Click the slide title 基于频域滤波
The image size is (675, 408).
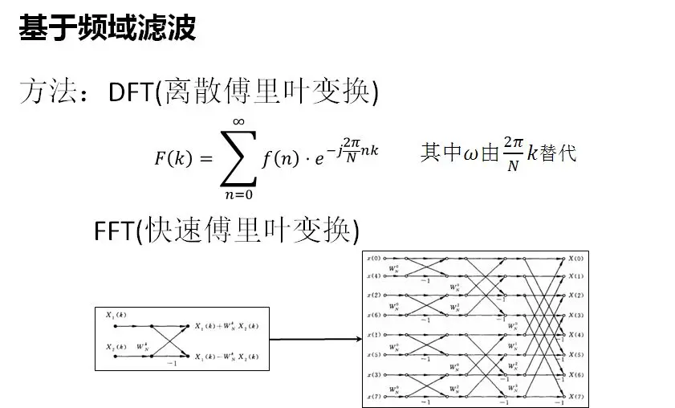[107, 30]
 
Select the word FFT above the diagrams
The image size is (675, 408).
[112, 231]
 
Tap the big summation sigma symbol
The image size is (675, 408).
[238, 157]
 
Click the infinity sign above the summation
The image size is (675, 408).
[238, 121]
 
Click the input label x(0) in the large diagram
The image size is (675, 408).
[374, 259]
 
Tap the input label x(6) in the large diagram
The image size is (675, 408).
[374, 316]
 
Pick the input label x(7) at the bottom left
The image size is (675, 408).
[374, 394]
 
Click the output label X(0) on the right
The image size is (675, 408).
[577, 258]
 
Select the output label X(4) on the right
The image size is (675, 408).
[577, 335]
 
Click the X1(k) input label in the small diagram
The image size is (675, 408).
[116, 315]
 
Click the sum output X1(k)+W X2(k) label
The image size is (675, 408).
[226, 326]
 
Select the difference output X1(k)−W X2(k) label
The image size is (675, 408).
[226, 355]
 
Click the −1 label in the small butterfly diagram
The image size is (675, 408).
[170, 363]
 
